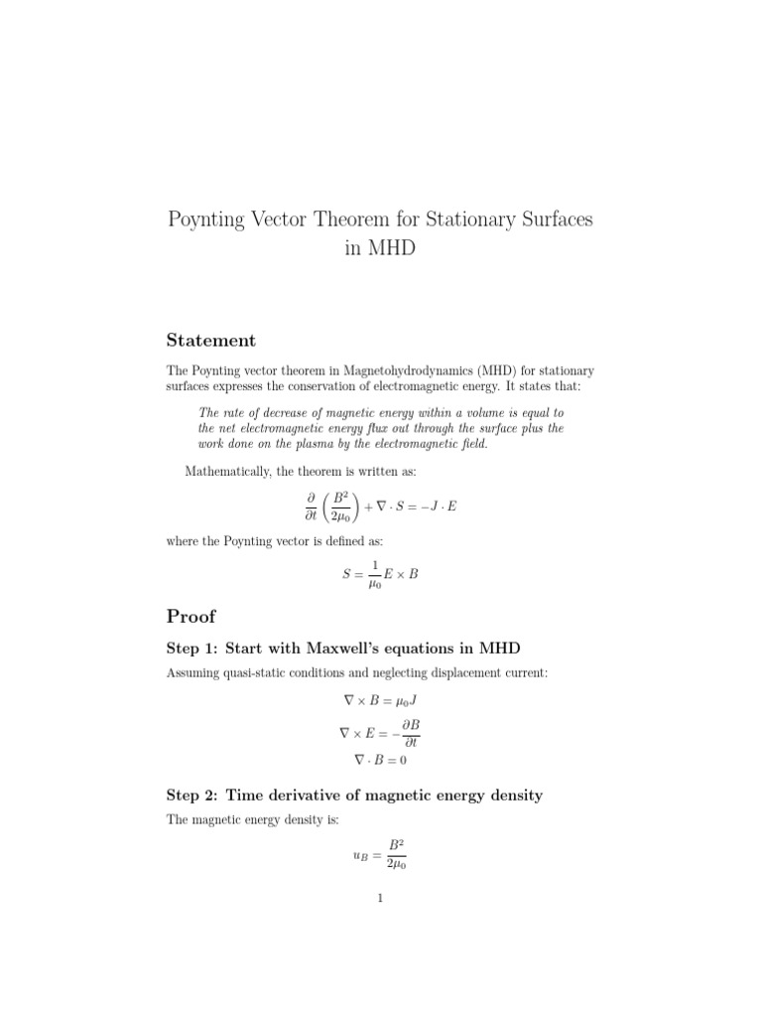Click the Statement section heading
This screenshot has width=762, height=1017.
(210, 341)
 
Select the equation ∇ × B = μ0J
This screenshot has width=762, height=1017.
(380, 700)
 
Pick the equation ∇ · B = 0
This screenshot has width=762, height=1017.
(380, 760)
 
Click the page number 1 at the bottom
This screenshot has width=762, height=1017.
(380, 900)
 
